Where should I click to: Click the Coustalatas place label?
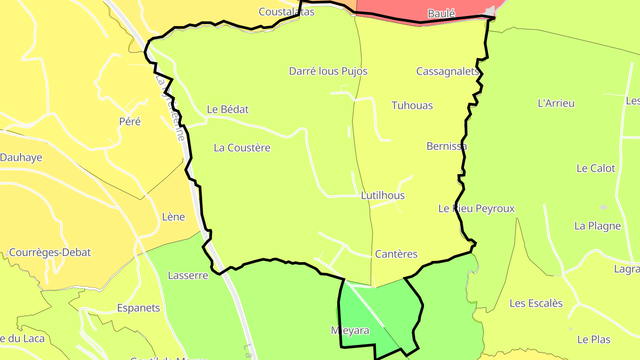click(x=286, y=12)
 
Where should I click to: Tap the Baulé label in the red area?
click(x=441, y=14)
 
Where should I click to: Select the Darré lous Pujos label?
click(x=328, y=71)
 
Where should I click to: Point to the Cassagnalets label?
click(x=447, y=71)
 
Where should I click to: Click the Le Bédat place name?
click(x=228, y=109)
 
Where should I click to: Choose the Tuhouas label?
click(x=412, y=105)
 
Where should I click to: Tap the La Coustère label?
click(x=242, y=148)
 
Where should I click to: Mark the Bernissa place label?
click(x=447, y=146)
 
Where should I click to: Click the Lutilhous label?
click(x=383, y=196)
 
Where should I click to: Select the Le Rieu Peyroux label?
click(x=476, y=208)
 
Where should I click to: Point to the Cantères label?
click(x=396, y=254)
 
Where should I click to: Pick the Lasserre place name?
click(x=188, y=276)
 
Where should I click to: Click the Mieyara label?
click(x=350, y=331)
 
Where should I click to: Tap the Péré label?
click(x=130, y=121)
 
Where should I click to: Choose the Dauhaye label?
click(x=21, y=157)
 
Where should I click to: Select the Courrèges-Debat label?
click(x=50, y=252)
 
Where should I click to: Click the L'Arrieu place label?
click(x=556, y=103)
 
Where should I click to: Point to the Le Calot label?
click(x=596, y=168)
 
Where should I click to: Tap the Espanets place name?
click(x=138, y=308)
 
